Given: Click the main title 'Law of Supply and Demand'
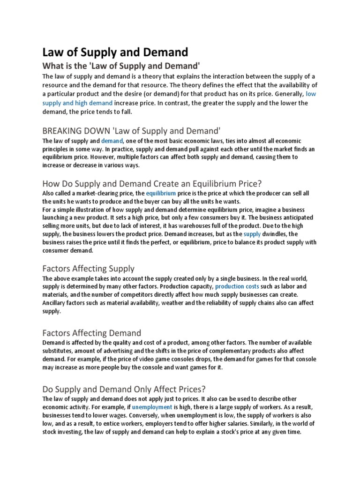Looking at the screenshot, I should (115, 52).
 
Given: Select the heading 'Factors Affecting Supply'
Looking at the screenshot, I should (88, 269).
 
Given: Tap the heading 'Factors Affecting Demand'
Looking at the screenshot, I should (91, 333).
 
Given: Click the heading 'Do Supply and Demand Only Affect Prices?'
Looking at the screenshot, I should (124, 389).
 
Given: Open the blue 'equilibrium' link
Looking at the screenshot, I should (161, 193).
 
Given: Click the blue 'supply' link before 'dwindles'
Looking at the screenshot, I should (252, 233).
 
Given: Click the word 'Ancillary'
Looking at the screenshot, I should (55, 302).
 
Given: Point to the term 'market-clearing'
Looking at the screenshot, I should (97, 193).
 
